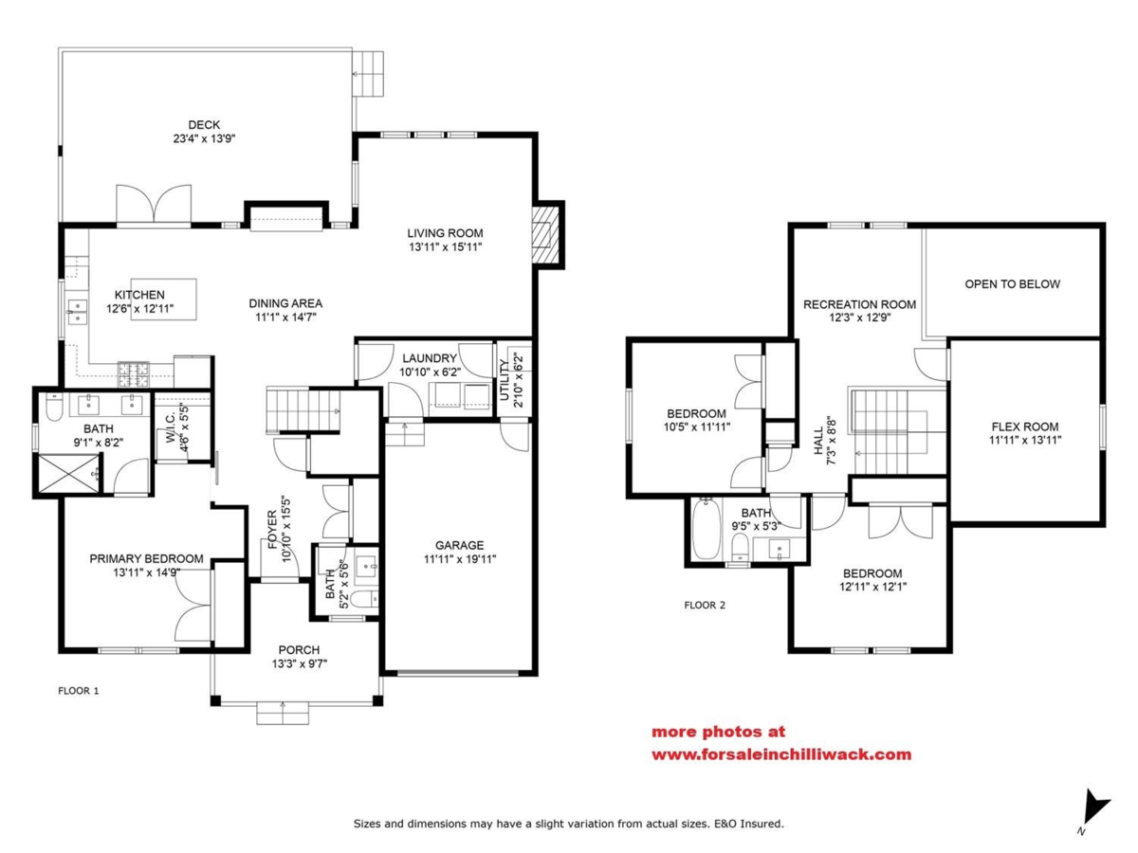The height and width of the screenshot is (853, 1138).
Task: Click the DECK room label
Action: pyautogui.click(x=204, y=125)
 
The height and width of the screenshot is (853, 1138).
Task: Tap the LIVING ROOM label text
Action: pyautogui.click(x=445, y=233)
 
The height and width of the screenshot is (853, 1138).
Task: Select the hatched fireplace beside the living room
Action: pyautogui.click(x=547, y=235)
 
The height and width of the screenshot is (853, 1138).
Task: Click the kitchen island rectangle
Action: pyautogui.click(x=163, y=299)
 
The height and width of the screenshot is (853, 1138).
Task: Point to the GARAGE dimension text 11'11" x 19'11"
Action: pyautogui.click(x=459, y=559)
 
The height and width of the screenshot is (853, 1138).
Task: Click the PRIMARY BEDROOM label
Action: pyautogui.click(x=146, y=559)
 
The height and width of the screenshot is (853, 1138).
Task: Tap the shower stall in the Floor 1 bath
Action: pyautogui.click(x=68, y=474)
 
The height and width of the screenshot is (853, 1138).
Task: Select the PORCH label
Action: pyautogui.click(x=299, y=650)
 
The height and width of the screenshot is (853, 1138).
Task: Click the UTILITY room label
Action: pyautogui.click(x=504, y=380)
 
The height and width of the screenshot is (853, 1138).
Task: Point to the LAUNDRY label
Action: pyautogui.click(x=430, y=358)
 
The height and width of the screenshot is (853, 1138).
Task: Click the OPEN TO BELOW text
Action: pyautogui.click(x=1012, y=284)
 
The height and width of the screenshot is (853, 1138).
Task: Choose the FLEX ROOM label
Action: pyautogui.click(x=1025, y=426)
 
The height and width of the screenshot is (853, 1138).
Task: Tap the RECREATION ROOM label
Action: pyautogui.click(x=859, y=304)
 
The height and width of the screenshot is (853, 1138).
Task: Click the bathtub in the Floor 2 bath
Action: pyautogui.click(x=707, y=528)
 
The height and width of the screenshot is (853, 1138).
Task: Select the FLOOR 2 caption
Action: pyautogui.click(x=705, y=605)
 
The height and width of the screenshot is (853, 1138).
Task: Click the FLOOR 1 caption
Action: pyautogui.click(x=79, y=690)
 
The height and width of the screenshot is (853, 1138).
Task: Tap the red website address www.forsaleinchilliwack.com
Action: pyautogui.click(x=781, y=754)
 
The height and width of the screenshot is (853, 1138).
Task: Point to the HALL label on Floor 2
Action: pyautogui.click(x=818, y=441)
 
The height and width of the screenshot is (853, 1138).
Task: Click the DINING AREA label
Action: pyautogui.click(x=285, y=303)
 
